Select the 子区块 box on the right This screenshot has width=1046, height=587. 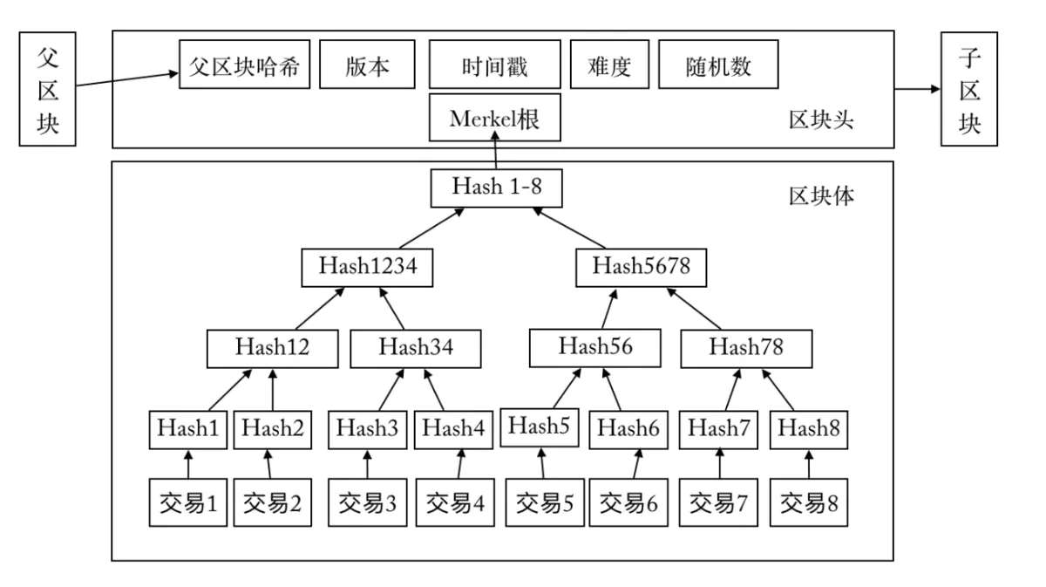970,90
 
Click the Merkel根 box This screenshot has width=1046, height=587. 494,119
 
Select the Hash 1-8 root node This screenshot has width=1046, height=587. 494,187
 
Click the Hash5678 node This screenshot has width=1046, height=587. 641,267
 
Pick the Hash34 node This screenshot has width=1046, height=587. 416,347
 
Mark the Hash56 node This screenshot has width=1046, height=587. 595,347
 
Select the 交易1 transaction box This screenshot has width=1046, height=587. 187,502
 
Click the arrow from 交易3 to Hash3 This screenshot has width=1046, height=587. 366,465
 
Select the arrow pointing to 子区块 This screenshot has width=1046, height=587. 918,90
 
